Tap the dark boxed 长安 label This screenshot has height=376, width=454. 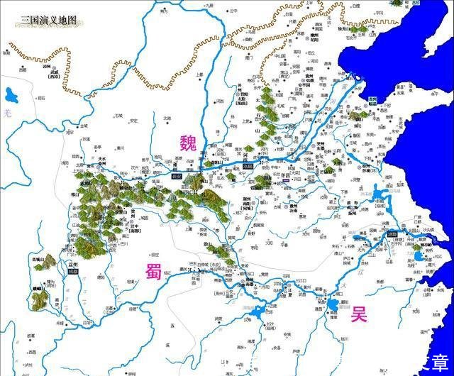[x=182, y=169]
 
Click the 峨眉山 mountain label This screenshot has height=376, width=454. [x=37, y=289]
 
